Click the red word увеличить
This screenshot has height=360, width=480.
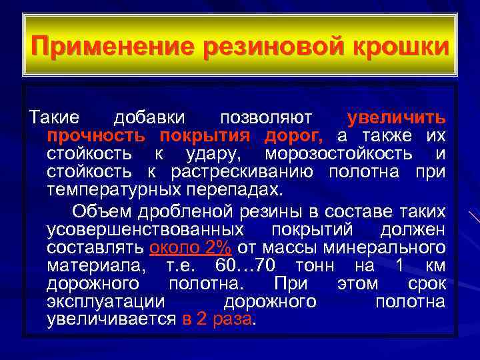tap(396, 119)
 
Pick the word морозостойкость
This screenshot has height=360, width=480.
tap(339, 154)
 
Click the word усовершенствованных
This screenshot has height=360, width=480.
tap(146, 229)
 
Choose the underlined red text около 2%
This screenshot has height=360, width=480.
tap(191, 248)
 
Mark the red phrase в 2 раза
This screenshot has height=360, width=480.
tap(217, 319)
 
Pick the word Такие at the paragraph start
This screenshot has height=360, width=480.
tap(53, 119)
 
